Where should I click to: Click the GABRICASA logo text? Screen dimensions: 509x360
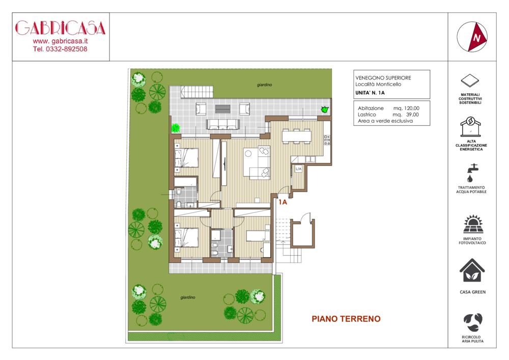[x=61, y=28]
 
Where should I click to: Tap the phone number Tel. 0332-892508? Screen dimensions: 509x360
[x=60, y=49]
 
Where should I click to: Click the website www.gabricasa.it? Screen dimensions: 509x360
[x=60, y=41]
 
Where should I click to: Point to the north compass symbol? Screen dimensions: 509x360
[x=472, y=37]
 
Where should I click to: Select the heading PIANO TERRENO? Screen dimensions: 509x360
[x=346, y=319]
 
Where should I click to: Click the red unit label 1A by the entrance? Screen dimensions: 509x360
[x=282, y=202]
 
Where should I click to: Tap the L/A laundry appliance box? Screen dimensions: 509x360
[x=298, y=169]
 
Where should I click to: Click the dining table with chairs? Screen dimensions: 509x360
[x=296, y=135]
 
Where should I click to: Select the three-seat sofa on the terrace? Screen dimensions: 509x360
[x=223, y=124]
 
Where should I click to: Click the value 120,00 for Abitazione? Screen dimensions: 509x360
[x=412, y=108]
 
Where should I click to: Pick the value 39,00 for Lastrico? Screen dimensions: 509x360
[x=412, y=115]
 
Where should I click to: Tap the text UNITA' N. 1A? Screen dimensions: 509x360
[x=370, y=93]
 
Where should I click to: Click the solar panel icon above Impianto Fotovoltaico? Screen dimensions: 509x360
[x=473, y=224]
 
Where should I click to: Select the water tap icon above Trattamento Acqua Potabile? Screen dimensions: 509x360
[x=472, y=173]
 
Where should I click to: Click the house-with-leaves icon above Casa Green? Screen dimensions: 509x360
[x=472, y=270]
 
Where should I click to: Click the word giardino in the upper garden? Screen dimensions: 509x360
[x=265, y=85]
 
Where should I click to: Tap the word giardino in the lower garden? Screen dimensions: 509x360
[x=188, y=297]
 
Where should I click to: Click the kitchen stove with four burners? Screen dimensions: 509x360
[x=327, y=140]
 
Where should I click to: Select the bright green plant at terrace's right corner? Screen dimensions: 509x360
[x=325, y=109]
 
